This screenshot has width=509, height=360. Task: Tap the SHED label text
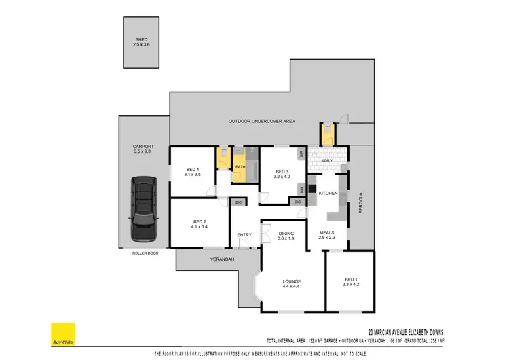click(141, 40)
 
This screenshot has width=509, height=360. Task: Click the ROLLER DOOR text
click(145, 253)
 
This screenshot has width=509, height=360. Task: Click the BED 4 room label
click(193, 170)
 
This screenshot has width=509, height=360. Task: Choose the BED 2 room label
click(199, 221)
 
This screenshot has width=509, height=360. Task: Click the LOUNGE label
click(292, 281)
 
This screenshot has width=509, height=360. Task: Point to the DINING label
click(286, 234)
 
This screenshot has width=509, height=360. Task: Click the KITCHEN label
click(328, 194)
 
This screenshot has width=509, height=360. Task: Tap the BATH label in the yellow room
click(240, 166)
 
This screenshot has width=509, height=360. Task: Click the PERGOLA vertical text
click(361, 202)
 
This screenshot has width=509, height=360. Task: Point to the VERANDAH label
click(222, 259)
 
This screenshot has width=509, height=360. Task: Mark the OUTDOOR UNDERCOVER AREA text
click(261, 121)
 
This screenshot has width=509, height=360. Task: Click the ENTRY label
click(244, 236)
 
